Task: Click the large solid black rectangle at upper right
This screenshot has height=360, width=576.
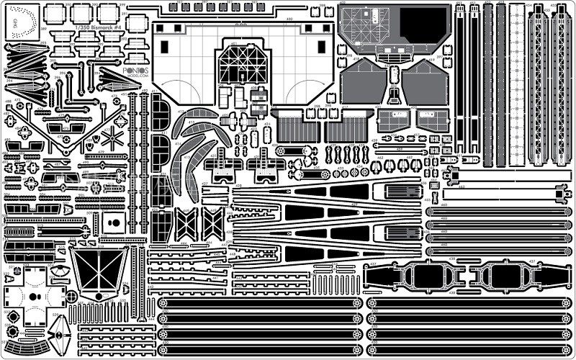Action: pyautogui.click(x=422, y=27)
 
